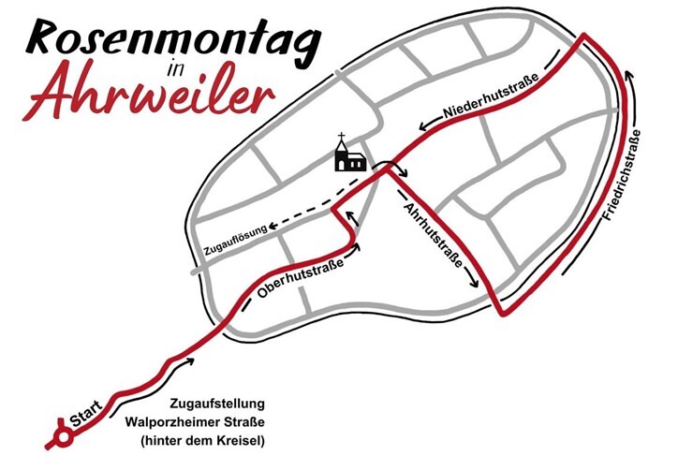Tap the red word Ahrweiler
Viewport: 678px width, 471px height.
pyautogui.click(x=151, y=94)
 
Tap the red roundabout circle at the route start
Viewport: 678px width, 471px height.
pyautogui.click(x=64, y=434)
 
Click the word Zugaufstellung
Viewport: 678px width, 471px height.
pyautogui.click(x=218, y=404)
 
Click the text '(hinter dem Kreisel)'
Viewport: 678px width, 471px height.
pyautogui.click(x=198, y=439)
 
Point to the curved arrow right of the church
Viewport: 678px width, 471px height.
pyautogui.click(x=397, y=171)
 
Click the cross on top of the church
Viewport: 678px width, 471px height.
pyautogui.click(x=342, y=138)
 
